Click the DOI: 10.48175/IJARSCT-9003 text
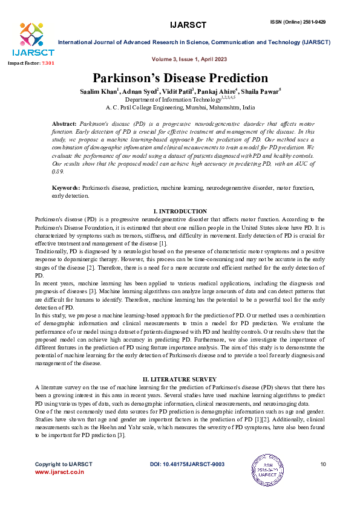tap(187, 464)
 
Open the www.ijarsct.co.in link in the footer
tap(59, 472)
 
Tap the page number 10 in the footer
tap(322, 464)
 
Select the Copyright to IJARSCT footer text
tap(64, 464)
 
